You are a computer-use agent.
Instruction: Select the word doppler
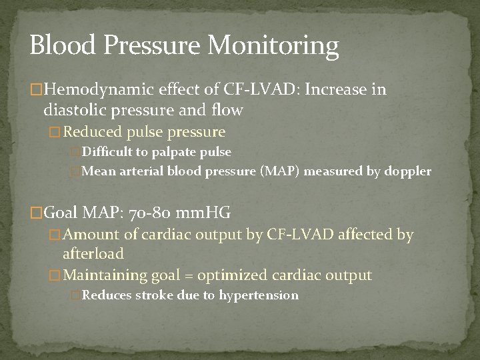(408, 171)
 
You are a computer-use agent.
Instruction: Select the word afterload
(93, 254)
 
